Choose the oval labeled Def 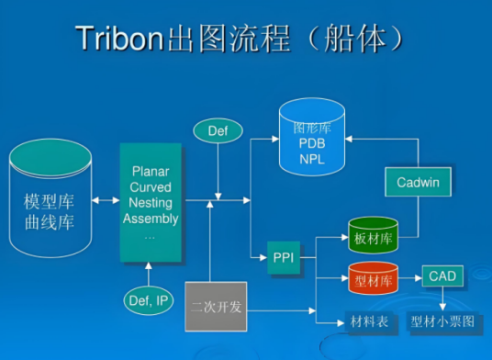(x=217, y=131)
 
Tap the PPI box (x=283, y=258)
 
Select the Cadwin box (x=418, y=182)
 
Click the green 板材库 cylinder (x=372, y=237)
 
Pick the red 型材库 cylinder (x=372, y=277)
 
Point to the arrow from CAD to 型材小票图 (x=443, y=298)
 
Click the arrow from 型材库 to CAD (x=409, y=276)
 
